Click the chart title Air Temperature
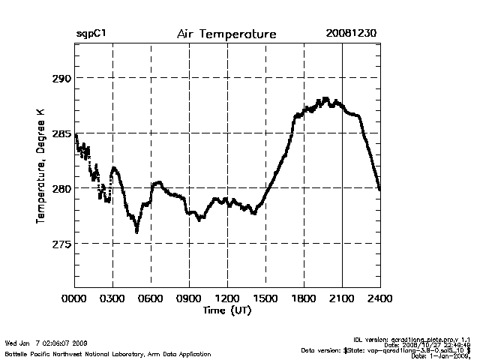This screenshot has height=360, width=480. coord(226,34)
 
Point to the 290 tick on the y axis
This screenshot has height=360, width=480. coord(61,78)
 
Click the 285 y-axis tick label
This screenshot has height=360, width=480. coord(61,134)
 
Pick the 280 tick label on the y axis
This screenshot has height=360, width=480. coord(61,189)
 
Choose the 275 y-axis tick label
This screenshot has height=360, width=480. coord(61,244)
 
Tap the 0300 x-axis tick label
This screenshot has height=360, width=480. coord(112,298)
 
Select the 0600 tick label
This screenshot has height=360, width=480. coord(151,298)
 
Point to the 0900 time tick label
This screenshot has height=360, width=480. coord(189,298)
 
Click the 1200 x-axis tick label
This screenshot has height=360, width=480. coord(227,298)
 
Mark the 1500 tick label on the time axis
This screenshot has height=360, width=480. coord(265,298)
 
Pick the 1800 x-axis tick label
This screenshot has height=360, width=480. coord(304,298)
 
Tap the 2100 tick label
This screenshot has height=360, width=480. coord(342,298)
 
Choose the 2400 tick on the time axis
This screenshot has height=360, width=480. coord(380,298)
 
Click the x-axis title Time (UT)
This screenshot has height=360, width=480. coord(226,310)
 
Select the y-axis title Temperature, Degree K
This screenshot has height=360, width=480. coord(39,166)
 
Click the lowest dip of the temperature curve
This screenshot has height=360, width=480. coord(136,232)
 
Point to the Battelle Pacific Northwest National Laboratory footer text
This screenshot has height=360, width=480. coord(107,353)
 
